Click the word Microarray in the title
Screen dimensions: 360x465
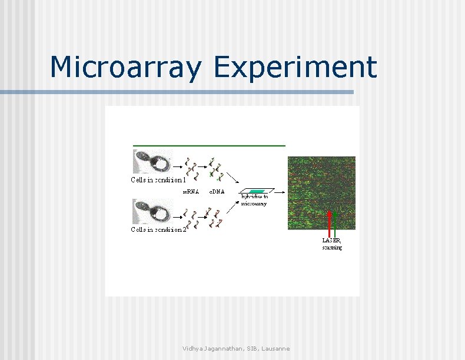click(x=126, y=67)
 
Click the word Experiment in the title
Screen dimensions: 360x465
click(x=295, y=67)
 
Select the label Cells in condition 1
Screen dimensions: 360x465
click(x=158, y=180)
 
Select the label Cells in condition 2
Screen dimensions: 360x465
click(x=158, y=229)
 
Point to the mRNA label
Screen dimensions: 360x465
click(x=190, y=191)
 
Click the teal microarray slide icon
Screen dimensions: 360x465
click(x=257, y=191)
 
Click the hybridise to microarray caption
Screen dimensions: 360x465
click(x=254, y=201)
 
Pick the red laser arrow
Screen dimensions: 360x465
click(x=328, y=221)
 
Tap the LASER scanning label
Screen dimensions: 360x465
click(x=331, y=244)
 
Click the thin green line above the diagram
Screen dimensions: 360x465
click(x=209, y=145)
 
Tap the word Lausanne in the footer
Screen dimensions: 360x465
click(x=274, y=349)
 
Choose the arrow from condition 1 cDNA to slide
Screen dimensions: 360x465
click(x=232, y=176)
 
